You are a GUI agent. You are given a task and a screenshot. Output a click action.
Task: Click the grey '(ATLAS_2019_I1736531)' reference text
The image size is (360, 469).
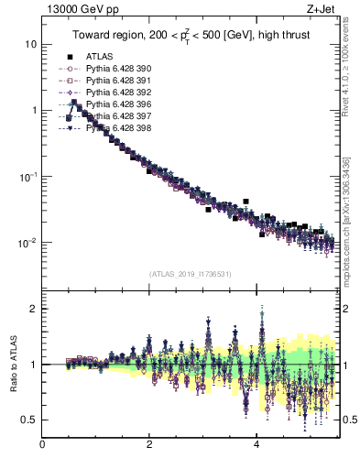(x=190, y=274)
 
